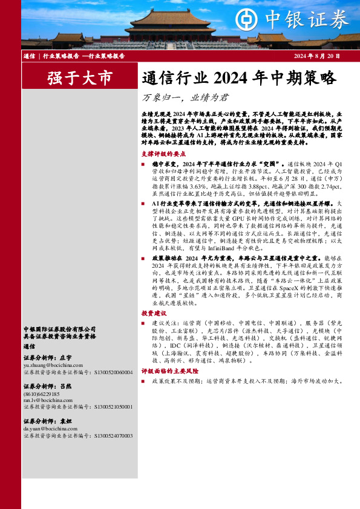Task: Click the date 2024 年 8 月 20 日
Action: pos(317,56)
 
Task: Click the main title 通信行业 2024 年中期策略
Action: pos(238,78)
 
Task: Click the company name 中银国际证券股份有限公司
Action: pos(59,328)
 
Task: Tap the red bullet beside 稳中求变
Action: pos(143,164)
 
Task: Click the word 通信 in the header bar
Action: pos(28,56)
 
